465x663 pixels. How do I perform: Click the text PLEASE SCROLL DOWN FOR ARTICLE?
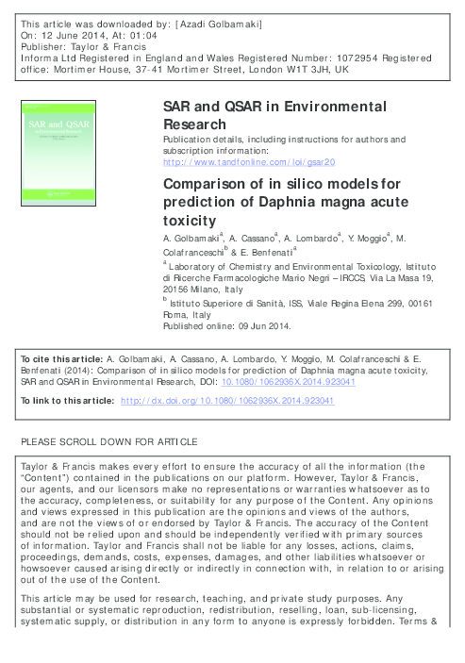coord(108,443)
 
